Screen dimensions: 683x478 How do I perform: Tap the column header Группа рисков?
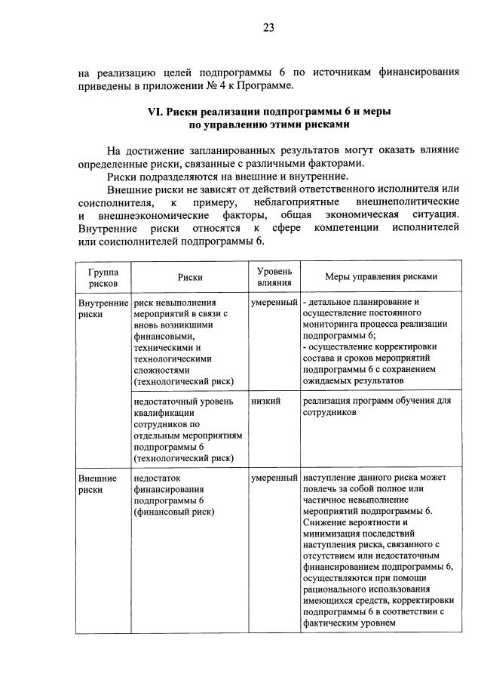103,277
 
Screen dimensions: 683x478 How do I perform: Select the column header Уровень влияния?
274,277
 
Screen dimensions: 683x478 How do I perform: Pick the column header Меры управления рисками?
381,277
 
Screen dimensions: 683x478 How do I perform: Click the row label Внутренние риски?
103,308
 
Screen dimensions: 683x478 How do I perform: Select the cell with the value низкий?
266,401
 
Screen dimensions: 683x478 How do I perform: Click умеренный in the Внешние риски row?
274,478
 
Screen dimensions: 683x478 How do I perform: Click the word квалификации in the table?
164,412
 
